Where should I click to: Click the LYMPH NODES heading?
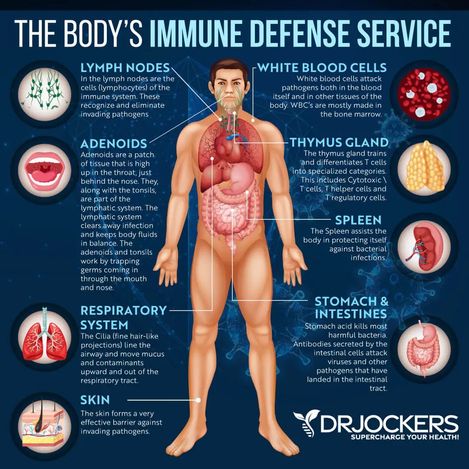pos(125,68)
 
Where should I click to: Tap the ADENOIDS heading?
pos(114,144)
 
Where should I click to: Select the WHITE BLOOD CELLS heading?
pos(322,68)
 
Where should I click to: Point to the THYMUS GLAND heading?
pos(339,142)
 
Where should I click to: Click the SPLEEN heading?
pos(358,220)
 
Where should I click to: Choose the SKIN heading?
pos(95,400)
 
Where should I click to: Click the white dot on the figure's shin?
pos(199,400)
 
